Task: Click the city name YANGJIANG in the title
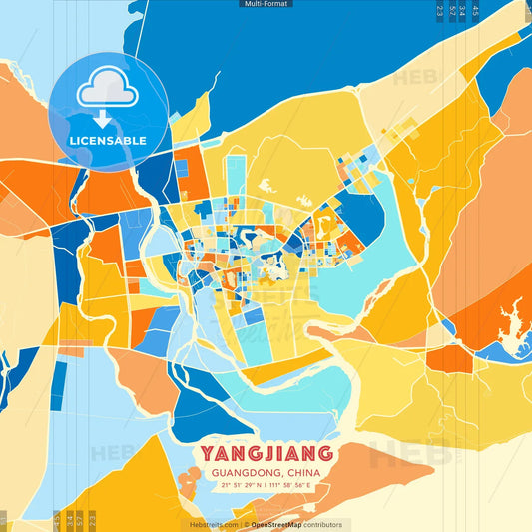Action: (x=267, y=454)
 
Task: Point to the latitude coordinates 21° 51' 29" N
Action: (x=239, y=486)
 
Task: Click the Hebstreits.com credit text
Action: (x=214, y=524)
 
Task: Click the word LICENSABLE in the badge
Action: (x=107, y=141)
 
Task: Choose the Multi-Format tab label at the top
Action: (x=266, y=4)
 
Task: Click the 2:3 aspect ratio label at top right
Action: (x=440, y=11)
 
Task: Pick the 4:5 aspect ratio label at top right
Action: (x=476, y=11)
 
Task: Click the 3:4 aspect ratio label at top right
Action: (x=464, y=11)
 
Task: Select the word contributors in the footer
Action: (x=324, y=524)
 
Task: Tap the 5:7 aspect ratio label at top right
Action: (x=452, y=11)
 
